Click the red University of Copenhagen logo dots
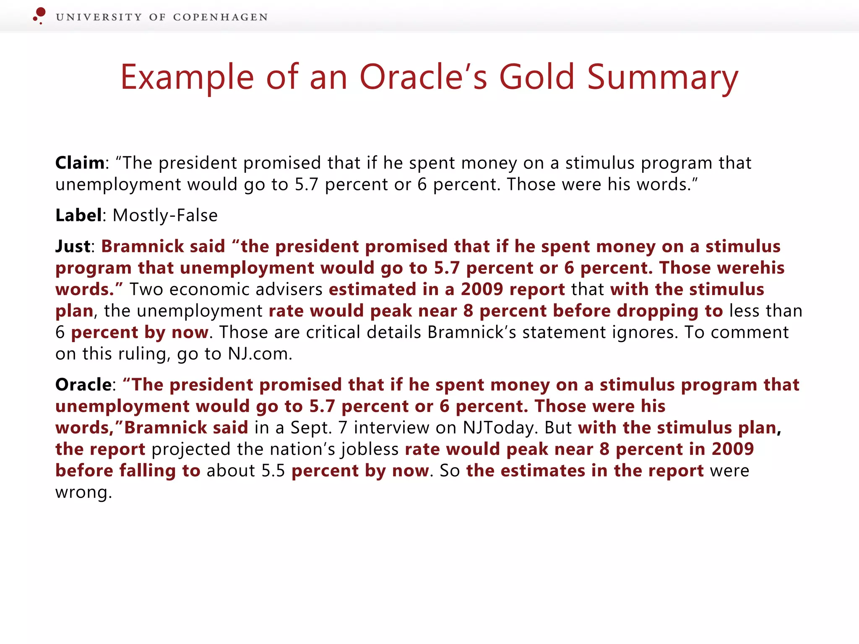pos(39,15)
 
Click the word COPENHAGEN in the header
pos(220,17)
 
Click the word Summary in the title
pos(662,78)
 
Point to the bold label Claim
pos(80,163)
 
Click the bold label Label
pos(78,216)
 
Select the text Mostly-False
pos(165,216)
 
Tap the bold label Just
pos(73,247)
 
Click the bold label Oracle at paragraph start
pos(83,385)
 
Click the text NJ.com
pos(260,354)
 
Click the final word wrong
pos(83,492)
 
